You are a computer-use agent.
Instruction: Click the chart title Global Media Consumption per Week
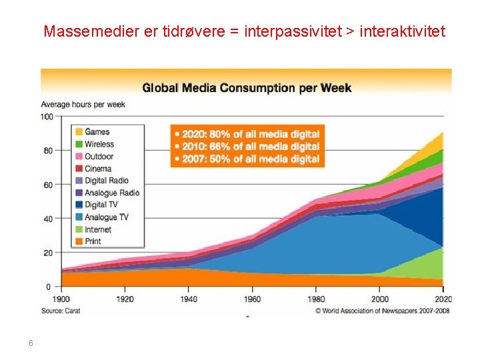(247, 87)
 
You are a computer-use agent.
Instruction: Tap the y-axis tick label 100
(46, 117)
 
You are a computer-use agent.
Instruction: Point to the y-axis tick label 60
(48, 185)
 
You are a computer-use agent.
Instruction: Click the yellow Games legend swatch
(78, 132)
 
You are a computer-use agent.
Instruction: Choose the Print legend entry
(93, 241)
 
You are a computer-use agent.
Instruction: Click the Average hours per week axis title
(83, 105)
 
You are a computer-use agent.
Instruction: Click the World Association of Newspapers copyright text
(383, 311)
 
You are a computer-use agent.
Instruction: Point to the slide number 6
(31, 343)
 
